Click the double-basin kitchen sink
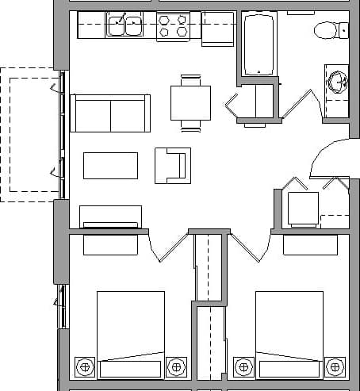point(125,27)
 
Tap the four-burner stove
point(173,27)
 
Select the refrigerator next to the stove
point(217,29)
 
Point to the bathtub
point(258,44)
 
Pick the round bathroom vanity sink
point(339,82)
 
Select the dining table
point(190,102)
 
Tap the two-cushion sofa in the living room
point(110,113)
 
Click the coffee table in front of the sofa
point(110,165)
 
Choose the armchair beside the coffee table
point(172,165)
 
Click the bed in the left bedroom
point(130,333)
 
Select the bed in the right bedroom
point(289,333)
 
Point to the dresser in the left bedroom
point(110,245)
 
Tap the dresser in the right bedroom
point(310,245)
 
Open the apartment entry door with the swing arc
point(327,159)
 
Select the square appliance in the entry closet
point(302,209)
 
